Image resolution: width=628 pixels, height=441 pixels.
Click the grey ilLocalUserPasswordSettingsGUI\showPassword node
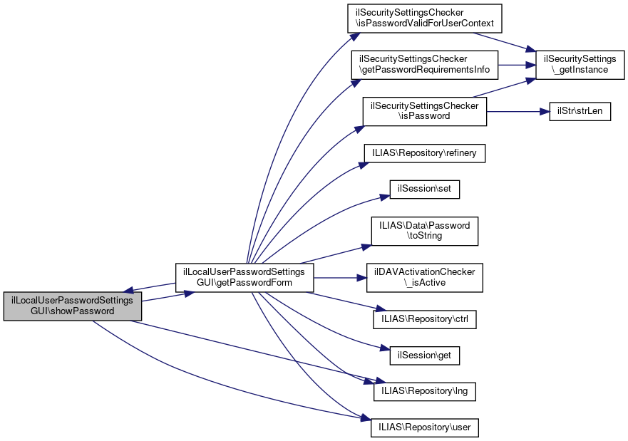72,306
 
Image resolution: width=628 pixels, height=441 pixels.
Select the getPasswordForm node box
244,277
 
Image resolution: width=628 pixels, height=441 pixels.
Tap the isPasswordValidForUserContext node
424,19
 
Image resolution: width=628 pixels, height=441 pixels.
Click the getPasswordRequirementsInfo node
424,65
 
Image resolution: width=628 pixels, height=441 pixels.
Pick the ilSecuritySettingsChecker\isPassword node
424,111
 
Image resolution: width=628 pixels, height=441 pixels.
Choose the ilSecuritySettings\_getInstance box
575,65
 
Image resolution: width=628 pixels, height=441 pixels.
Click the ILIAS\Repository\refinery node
424,152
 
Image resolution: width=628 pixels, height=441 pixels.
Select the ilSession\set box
424,190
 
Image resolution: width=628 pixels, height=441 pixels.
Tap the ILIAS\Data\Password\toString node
424,231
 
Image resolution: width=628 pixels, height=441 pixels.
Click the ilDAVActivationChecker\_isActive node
424,277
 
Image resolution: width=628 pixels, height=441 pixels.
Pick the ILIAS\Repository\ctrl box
424,318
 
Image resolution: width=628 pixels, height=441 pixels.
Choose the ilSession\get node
424,354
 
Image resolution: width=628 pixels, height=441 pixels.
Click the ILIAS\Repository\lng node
424,391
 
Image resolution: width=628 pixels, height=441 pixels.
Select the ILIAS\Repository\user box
424,427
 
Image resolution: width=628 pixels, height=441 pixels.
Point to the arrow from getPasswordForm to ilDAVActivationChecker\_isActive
339,277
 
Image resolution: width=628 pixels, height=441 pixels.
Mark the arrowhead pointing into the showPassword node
129,291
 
